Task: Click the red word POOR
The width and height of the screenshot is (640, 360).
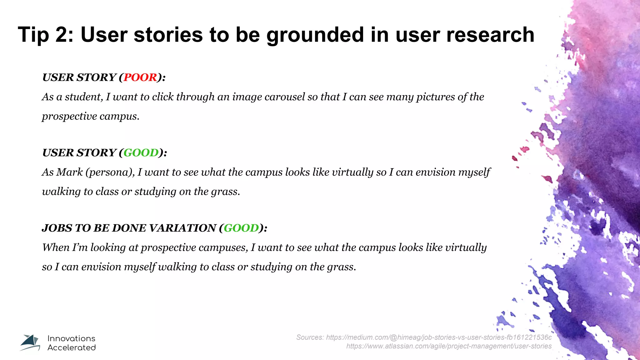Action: pos(140,77)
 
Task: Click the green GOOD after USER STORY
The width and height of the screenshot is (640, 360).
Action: pos(141,152)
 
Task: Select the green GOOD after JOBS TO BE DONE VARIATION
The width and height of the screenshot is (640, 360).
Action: pos(241,228)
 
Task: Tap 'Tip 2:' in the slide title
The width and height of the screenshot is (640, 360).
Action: pos(46,34)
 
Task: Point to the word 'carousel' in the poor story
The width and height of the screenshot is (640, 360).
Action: pos(284,97)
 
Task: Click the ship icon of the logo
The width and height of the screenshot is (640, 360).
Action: pos(30,342)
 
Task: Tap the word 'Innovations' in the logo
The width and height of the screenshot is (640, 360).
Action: pos(71,338)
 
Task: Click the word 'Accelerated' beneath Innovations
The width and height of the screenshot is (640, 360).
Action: pos(72,347)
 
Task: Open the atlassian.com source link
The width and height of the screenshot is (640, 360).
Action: pos(449,346)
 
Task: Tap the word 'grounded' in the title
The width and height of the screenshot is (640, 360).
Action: pos(315,34)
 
